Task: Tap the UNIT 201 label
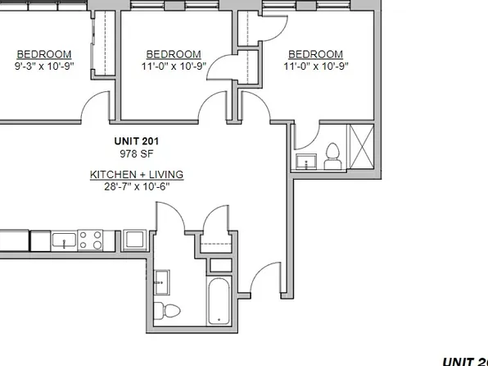(138, 141)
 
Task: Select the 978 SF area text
(138, 153)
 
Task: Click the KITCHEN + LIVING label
(137, 175)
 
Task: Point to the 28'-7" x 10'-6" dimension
(137, 186)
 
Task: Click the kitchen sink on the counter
(65, 240)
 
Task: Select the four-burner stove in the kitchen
(91, 240)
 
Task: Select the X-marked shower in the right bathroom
(361, 147)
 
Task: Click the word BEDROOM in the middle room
(173, 54)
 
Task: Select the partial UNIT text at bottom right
(464, 360)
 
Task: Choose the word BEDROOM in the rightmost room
(315, 54)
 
